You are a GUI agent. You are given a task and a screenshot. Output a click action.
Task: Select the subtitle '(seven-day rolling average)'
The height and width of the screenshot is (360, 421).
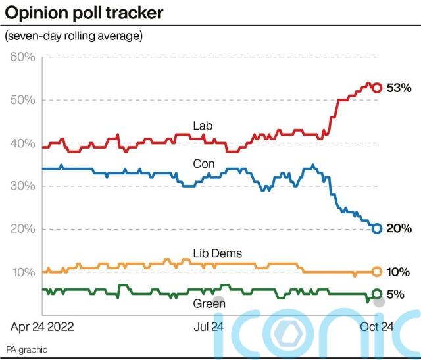pyautogui.click(x=73, y=36)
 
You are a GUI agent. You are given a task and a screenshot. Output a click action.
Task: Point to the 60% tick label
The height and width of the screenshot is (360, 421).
pyautogui.click(x=22, y=57)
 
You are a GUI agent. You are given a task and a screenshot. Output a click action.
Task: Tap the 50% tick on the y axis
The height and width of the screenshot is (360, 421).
pyautogui.click(x=22, y=100)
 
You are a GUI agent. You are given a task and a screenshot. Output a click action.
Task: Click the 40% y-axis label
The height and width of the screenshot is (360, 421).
pyautogui.click(x=22, y=143)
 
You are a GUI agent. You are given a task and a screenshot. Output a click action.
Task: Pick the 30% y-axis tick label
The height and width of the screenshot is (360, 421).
pyautogui.click(x=22, y=186)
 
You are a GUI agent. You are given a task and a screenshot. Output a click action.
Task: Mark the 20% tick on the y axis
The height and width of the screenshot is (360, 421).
pyautogui.click(x=22, y=229)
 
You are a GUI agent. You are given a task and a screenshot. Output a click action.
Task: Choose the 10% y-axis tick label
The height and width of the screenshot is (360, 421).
pyautogui.click(x=22, y=272)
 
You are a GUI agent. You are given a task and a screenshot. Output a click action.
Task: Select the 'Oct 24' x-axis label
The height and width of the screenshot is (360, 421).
pyautogui.click(x=376, y=326)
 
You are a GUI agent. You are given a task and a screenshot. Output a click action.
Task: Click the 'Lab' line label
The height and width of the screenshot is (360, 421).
pyautogui.click(x=203, y=126)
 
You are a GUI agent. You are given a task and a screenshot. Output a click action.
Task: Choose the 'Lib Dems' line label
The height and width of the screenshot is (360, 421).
pyautogui.click(x=217, y=253)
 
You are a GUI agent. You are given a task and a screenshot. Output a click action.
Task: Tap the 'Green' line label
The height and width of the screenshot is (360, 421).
pyautogui.click(x=209, y=304)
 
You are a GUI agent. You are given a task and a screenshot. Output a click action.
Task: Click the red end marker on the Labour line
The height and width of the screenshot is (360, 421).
pyautogui.click(x=377, y=88)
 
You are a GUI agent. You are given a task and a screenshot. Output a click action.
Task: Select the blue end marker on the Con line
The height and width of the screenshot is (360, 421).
pyautogui.click(x=377, y=228)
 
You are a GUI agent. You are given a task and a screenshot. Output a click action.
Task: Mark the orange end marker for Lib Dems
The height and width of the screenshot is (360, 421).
pyautogui.click(x=377, y=271)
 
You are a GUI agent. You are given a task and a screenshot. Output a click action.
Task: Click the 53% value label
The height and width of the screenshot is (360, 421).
pyautogui.click(x=399, y=88)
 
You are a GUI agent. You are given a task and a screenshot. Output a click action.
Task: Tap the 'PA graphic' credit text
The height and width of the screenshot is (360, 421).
pyautogui.click(x=27, y=349)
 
